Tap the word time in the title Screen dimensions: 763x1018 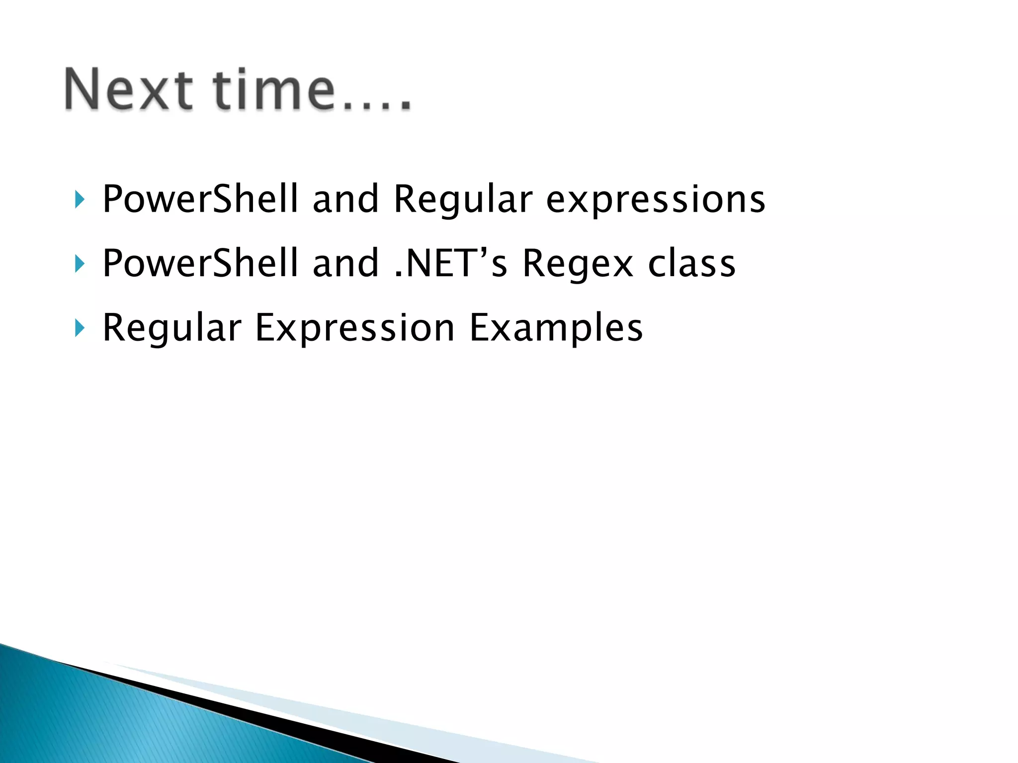pyautogui.click(x=274, y=89)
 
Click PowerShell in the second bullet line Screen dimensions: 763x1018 pyautogui.click(x=200, y=264)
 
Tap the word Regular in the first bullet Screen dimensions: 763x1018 pyautogui.click(x=462, y=200)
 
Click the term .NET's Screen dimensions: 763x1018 pyautogui.click(x=450, y=264)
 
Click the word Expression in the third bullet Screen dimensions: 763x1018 pyautogui.click(x=355, y=328)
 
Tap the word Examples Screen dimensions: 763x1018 pyautogui.click(x=556, y=328)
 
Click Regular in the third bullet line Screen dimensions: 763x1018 pyautogui.click(x=171, y=328)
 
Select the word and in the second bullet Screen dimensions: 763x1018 pyautogui.click(x=345, y=264)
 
